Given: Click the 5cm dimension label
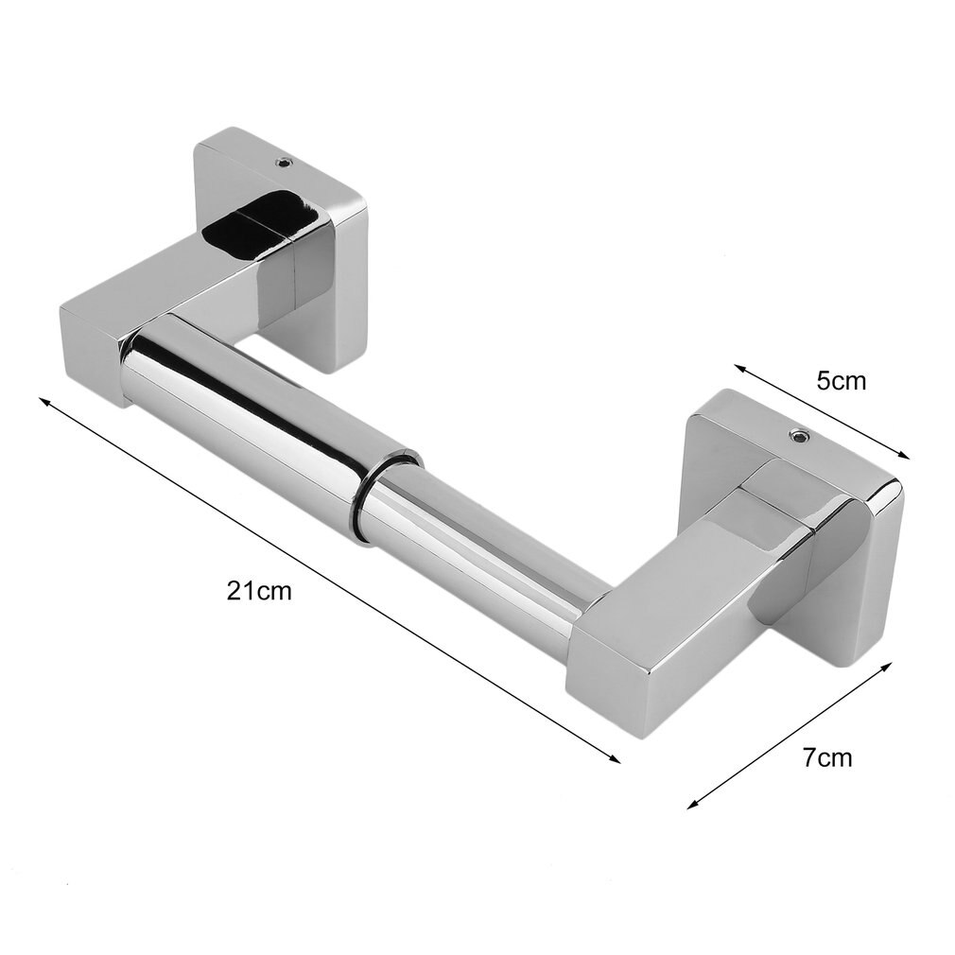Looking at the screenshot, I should [841, 381].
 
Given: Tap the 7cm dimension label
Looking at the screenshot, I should [826, 757].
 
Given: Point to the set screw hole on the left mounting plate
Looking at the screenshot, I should [281, 163].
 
